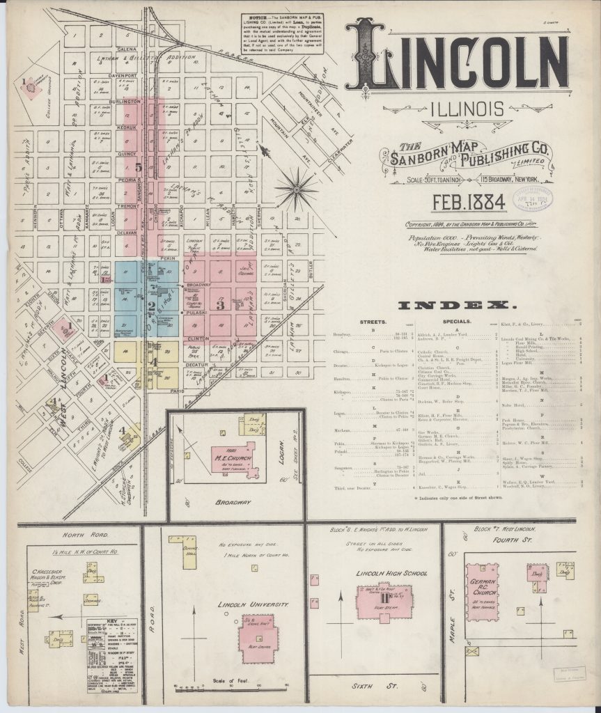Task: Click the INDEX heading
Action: point(456,306)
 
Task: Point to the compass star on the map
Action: point(295,189)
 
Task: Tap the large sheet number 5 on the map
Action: point(139,167)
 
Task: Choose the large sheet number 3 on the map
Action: point(220,304)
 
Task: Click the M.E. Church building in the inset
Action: point(235,460)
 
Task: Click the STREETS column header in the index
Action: point(373,322)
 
